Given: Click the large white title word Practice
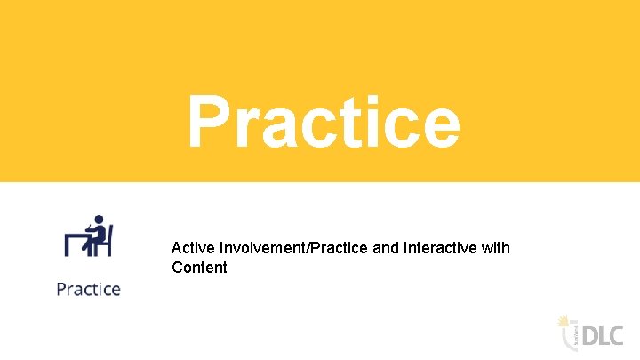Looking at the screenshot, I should pyautogui.click(x=324, y=124).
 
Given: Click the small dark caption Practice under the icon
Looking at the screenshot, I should pyautogui.click(x=88, y=289).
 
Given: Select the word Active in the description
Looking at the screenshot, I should pyautogui.click(x=191, y=248).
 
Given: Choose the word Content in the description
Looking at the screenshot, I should pyautogui.click(x=199, y=268).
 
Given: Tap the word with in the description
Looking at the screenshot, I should pyautogui.click(x=494, y=248).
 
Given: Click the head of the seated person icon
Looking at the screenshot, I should pyautogui.click(x=99, y=220).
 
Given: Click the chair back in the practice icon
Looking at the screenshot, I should pyautogui.click(x=108, y=240).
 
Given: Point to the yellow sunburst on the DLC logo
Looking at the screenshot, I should pyautogui.click(x=563, y=319).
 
